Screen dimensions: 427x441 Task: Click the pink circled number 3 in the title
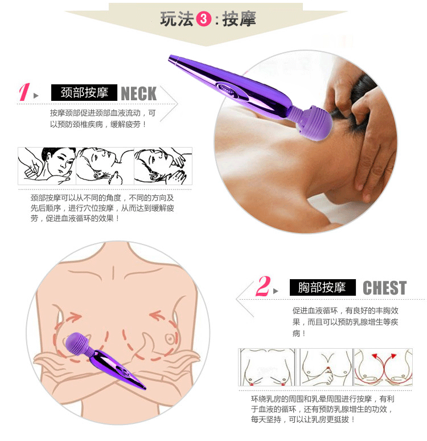pyautogui.click(x=203, y=19)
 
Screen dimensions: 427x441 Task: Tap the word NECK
pyautogui.click(x=138, y=93)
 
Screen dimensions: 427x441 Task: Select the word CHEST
pyautogui.click(x=384, y=288)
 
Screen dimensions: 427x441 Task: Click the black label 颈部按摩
pyautogui.click(x=84, y=92)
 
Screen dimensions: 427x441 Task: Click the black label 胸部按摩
pyautogui.click(x=322, y=287)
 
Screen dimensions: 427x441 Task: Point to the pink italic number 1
pyautogui.click(x=24, y=92)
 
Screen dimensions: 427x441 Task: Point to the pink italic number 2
pyautogui.click(x=263, y=286)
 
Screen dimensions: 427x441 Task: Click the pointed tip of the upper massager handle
pyautogui.click(x=170, y=57)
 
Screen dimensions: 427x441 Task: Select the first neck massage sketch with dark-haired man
pyautogui.click(x=47, y=166)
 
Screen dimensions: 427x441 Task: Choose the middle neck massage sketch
pyautogui.click(x=105, y=166)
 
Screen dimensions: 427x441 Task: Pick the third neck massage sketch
pyautogui.click(x=163, y=166)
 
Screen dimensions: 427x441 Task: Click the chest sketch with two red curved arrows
pyautogui.click(x=383, y=367)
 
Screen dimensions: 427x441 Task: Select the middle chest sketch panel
pyautogui.click(x=326, y=367)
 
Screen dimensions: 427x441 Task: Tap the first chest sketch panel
pyautogui.click(x=268, y=367)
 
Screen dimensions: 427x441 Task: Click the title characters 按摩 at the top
pyautogui.click(x=239, y=19)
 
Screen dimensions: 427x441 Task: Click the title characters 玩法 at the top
pyautogui.click(x=177, y=19)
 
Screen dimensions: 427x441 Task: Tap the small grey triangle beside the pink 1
pyautogui.click(x=36, y=96)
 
